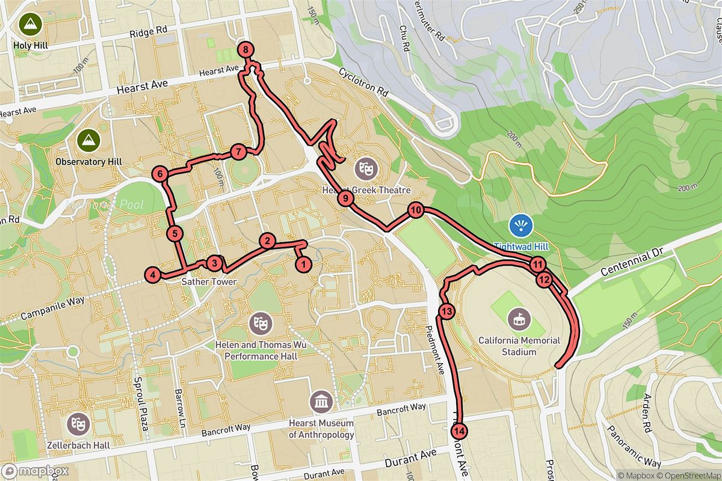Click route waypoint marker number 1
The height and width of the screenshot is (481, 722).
(x=303, y=263)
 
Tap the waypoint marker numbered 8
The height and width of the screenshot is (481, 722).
(x=246, y=50)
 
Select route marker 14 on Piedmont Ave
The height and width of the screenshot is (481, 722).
(x=460, y=430)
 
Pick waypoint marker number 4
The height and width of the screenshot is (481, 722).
(x=153, y=275)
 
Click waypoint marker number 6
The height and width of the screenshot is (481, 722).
(x=160, y=174)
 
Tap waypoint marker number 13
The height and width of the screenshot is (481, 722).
(x=446, y=311)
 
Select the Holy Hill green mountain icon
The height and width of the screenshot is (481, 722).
(x=28, y=25)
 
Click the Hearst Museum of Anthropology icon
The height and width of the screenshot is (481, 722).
(x=320, y=401)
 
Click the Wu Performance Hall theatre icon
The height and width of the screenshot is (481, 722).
(x=262, y=323)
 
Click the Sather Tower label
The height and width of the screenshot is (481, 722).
(x=205, y=281)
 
